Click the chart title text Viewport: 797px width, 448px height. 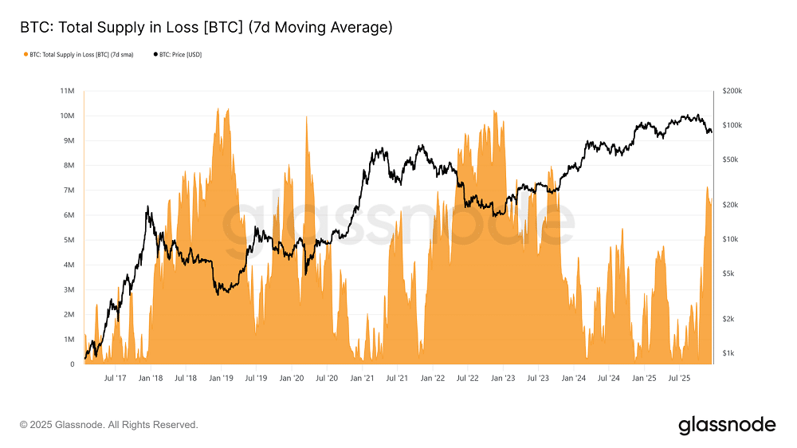(206, 28)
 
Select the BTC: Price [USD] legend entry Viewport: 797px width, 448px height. (177, 55)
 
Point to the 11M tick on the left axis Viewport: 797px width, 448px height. (68, 91)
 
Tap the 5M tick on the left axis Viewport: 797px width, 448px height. (69, 240)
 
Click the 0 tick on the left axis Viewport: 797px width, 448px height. (73, 364)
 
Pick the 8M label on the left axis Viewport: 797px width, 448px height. (69, 165)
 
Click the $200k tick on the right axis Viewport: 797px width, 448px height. (732, 91)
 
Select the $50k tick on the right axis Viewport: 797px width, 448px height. (731, 159)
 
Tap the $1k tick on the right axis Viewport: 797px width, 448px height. (729, 353)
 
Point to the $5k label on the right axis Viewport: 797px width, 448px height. (729, 273)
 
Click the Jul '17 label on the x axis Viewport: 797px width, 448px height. (116, 378)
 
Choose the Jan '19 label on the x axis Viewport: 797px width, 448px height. (222, 378)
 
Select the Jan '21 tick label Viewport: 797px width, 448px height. (363, 378)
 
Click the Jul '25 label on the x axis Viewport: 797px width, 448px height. (679, 378)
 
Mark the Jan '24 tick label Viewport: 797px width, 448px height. (574, 378)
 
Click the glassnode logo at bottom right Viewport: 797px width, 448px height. (726, 425)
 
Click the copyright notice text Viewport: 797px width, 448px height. (108, 425)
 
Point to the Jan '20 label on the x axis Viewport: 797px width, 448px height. (292, 378)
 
